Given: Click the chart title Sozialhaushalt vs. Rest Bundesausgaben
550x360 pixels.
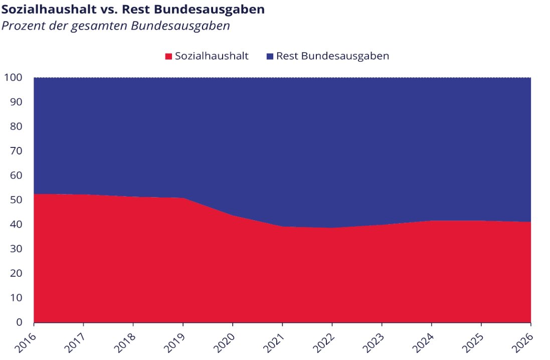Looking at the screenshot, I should (133, 10).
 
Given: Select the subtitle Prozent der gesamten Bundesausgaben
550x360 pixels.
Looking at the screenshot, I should (116, 26).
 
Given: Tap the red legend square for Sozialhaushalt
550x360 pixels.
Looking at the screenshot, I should (168, 56).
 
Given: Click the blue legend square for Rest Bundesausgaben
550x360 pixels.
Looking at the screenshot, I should (270, 56).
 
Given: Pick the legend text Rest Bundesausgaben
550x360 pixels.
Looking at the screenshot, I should (332, 56).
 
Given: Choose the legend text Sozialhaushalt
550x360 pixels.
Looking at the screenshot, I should (212, 56).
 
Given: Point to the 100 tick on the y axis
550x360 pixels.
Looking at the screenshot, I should (13, 78).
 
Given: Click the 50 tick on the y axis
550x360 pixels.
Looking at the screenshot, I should (16, 200).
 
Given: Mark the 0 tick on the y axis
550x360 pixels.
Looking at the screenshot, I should (19, 322).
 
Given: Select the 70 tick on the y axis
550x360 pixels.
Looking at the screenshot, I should (16, 151).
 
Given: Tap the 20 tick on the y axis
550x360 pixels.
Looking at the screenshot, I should (16, 273).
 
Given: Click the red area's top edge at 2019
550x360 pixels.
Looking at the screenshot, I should (183, 198).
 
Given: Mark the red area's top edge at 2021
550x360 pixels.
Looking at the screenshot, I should (282, 227).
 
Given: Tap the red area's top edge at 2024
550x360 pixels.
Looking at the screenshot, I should (432, 221).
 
